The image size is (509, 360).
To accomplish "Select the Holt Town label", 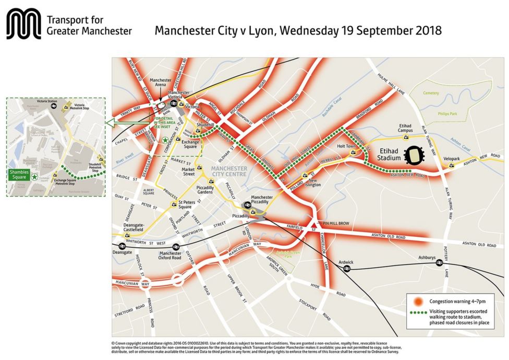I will coord(346,147).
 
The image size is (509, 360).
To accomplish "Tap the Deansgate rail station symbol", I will coord(122,246).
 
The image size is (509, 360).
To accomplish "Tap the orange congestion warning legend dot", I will coord(418,301).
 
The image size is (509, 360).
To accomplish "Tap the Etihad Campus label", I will coord(406,129).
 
